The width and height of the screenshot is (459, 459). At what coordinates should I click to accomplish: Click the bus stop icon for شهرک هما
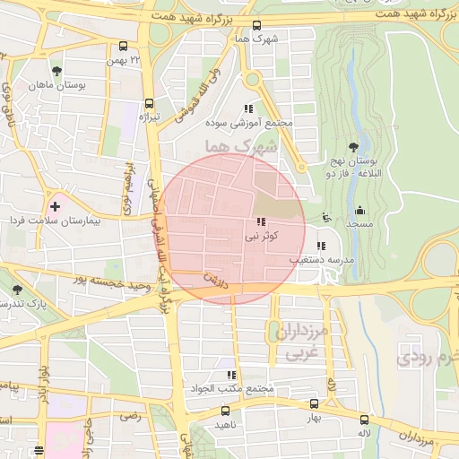pos(257,25)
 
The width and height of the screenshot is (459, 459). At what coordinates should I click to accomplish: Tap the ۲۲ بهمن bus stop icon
pos(123,47)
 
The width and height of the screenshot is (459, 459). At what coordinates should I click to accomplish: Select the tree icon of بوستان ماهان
pos(57,71)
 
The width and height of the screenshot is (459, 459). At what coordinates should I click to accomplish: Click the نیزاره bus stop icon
pos(148,103)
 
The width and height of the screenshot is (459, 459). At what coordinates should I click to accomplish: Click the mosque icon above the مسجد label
pos(359,211)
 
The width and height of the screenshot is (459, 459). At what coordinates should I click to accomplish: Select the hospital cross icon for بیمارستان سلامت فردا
pos(55,207)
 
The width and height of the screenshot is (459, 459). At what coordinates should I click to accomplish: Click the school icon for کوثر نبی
pos(260,221)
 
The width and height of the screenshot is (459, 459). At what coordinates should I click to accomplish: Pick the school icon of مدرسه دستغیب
pos(321,245)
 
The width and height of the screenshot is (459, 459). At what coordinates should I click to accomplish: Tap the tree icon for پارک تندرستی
pos(18,290)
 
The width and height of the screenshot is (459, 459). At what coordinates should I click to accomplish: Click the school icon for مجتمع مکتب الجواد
pos(231,376)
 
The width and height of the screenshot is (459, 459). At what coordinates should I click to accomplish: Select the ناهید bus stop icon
pos(225,411)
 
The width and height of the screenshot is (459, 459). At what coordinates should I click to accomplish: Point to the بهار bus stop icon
pos(313,404)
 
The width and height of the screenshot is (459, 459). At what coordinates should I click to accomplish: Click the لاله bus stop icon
pos(363,419)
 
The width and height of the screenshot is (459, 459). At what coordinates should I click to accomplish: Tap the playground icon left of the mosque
pos(325,216)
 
